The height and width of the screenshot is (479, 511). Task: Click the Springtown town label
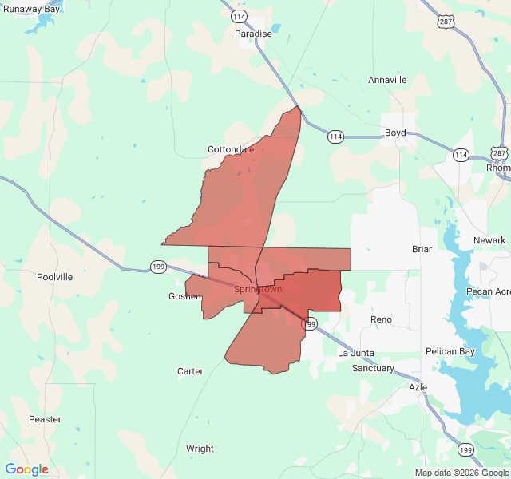[x=258, y=289]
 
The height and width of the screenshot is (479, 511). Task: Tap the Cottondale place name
[x=231, y=149]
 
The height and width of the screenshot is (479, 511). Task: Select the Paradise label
[x=253, y=34]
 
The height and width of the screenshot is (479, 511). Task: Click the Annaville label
[x=387, y=80]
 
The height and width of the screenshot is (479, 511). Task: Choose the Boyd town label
[x=395, y=133]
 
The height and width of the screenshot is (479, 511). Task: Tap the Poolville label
[x=54, y=277]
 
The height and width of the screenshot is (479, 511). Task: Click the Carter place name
[x=190, y=371]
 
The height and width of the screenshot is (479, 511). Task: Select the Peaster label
[x=45, y=419]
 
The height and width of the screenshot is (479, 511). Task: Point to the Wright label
[x=200, y=449]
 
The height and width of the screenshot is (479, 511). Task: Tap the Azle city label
[x=418, y=387]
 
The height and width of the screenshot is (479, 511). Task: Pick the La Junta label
[x=356, y=353]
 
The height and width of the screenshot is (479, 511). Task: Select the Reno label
[x=382, y=319]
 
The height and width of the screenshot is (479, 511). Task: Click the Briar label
[x=422, y=249]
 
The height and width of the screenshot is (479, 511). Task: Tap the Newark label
[x=489, y=240]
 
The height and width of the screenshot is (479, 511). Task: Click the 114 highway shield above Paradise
[x=239, y=16]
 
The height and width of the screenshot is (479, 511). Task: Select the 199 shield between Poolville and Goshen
[x=157, y=267]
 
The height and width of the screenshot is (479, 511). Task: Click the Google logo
[x=27, y=469]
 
